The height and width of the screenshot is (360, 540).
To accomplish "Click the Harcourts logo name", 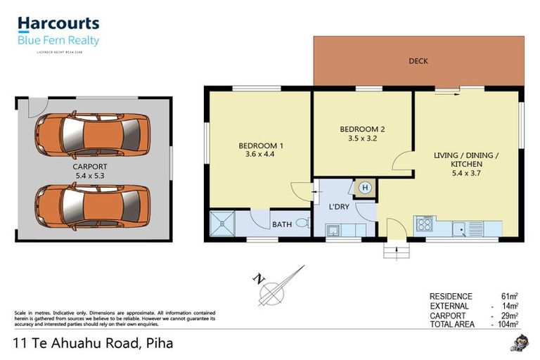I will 58,25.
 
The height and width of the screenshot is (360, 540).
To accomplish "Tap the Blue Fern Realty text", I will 58,41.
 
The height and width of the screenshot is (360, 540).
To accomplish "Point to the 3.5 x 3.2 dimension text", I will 362,139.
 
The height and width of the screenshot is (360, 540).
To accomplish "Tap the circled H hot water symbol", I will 364,187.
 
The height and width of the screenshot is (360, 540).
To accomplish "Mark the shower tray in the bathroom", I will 223,224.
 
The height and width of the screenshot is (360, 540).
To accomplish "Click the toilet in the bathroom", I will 302,223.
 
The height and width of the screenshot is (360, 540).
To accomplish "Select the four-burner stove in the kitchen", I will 424,226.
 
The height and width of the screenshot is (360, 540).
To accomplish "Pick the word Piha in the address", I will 159,344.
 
